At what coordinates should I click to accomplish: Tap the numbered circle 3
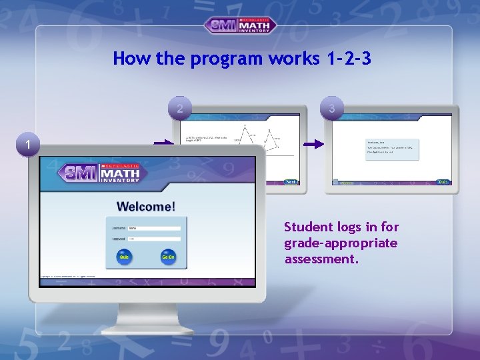(332, 107)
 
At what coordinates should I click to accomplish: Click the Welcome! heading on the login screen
(147, 207)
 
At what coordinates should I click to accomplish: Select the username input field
(154, 228)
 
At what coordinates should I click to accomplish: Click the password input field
(154, 239)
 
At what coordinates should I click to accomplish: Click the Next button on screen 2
(291, 181)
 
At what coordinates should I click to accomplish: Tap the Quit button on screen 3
(443, 181)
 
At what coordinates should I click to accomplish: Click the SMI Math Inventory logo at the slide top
(240, 25)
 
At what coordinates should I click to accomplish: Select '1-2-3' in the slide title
(349, 59)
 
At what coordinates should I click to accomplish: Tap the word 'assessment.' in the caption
(322, 259)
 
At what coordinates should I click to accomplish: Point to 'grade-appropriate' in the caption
(341, 243)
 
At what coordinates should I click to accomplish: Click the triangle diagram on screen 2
(257, 140)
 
